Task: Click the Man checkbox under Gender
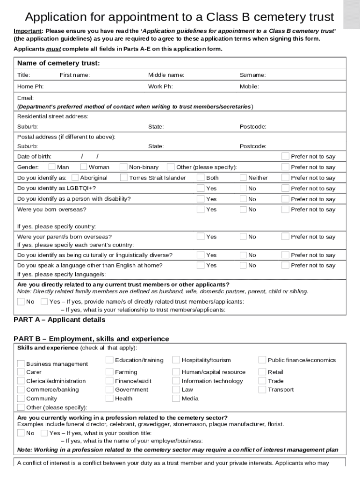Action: [51, 167]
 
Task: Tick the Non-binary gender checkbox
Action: [123, 167]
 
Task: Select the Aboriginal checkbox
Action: [75, 177]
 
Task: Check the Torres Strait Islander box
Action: [123, 177]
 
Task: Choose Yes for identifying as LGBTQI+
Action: [200, 188]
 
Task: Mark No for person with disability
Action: [243, 199]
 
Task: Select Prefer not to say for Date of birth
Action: [285, 156]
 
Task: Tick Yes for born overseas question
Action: [200, 209]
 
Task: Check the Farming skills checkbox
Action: [109, 372]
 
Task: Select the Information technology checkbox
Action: [176, 381]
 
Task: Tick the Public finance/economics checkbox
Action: [262, 360]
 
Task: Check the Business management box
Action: [21, 363]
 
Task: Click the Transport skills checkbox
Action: [262, 389]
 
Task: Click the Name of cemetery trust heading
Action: [58, 63]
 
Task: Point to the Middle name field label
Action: [166, 75]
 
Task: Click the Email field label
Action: [25, 98]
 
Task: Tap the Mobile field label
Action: [249, 87]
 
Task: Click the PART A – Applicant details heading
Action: [59, 320]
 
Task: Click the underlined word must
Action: [53, 49]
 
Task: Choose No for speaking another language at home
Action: [243, 265]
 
